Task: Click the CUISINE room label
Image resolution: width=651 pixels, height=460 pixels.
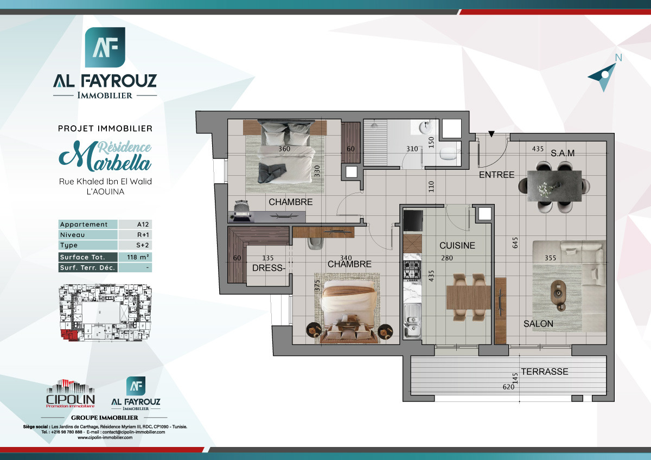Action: (457, 246)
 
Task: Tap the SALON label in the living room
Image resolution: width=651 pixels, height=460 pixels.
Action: (538, 324)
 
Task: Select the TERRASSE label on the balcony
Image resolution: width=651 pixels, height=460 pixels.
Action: (544, 372)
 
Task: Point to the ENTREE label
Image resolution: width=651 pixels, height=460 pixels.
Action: (496, 175)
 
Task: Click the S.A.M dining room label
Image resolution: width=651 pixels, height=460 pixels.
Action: (562, 154)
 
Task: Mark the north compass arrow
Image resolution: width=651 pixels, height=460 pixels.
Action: (603, 76)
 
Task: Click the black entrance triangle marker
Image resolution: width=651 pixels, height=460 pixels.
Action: (491, 134)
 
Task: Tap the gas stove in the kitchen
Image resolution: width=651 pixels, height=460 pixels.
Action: (412, 270)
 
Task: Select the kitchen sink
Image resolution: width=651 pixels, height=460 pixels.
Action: (412, 320)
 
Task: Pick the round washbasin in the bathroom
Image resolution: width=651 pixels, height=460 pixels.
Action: (425, 129)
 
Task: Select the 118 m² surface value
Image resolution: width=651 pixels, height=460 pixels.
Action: (135, 257)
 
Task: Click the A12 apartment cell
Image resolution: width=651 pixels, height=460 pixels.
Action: (135, 225)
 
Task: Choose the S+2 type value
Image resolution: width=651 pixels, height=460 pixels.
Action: (135, 246)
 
